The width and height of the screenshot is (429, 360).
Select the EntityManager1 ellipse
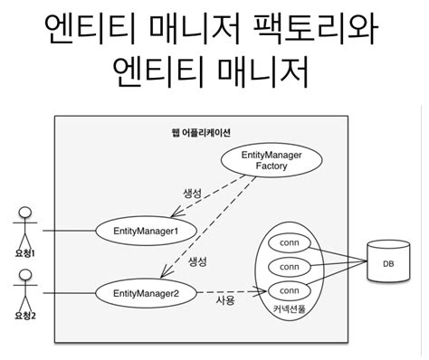[x=146, y=231]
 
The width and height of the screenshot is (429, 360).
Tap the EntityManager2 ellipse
[x=146, y=293]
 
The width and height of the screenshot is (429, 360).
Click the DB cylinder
[x=388, y=263]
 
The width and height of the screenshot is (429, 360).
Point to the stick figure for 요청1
[x=24, y=227]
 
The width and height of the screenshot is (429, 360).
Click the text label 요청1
[x=24, y=254]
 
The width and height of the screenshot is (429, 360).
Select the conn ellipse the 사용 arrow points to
[x=290, y=290]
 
